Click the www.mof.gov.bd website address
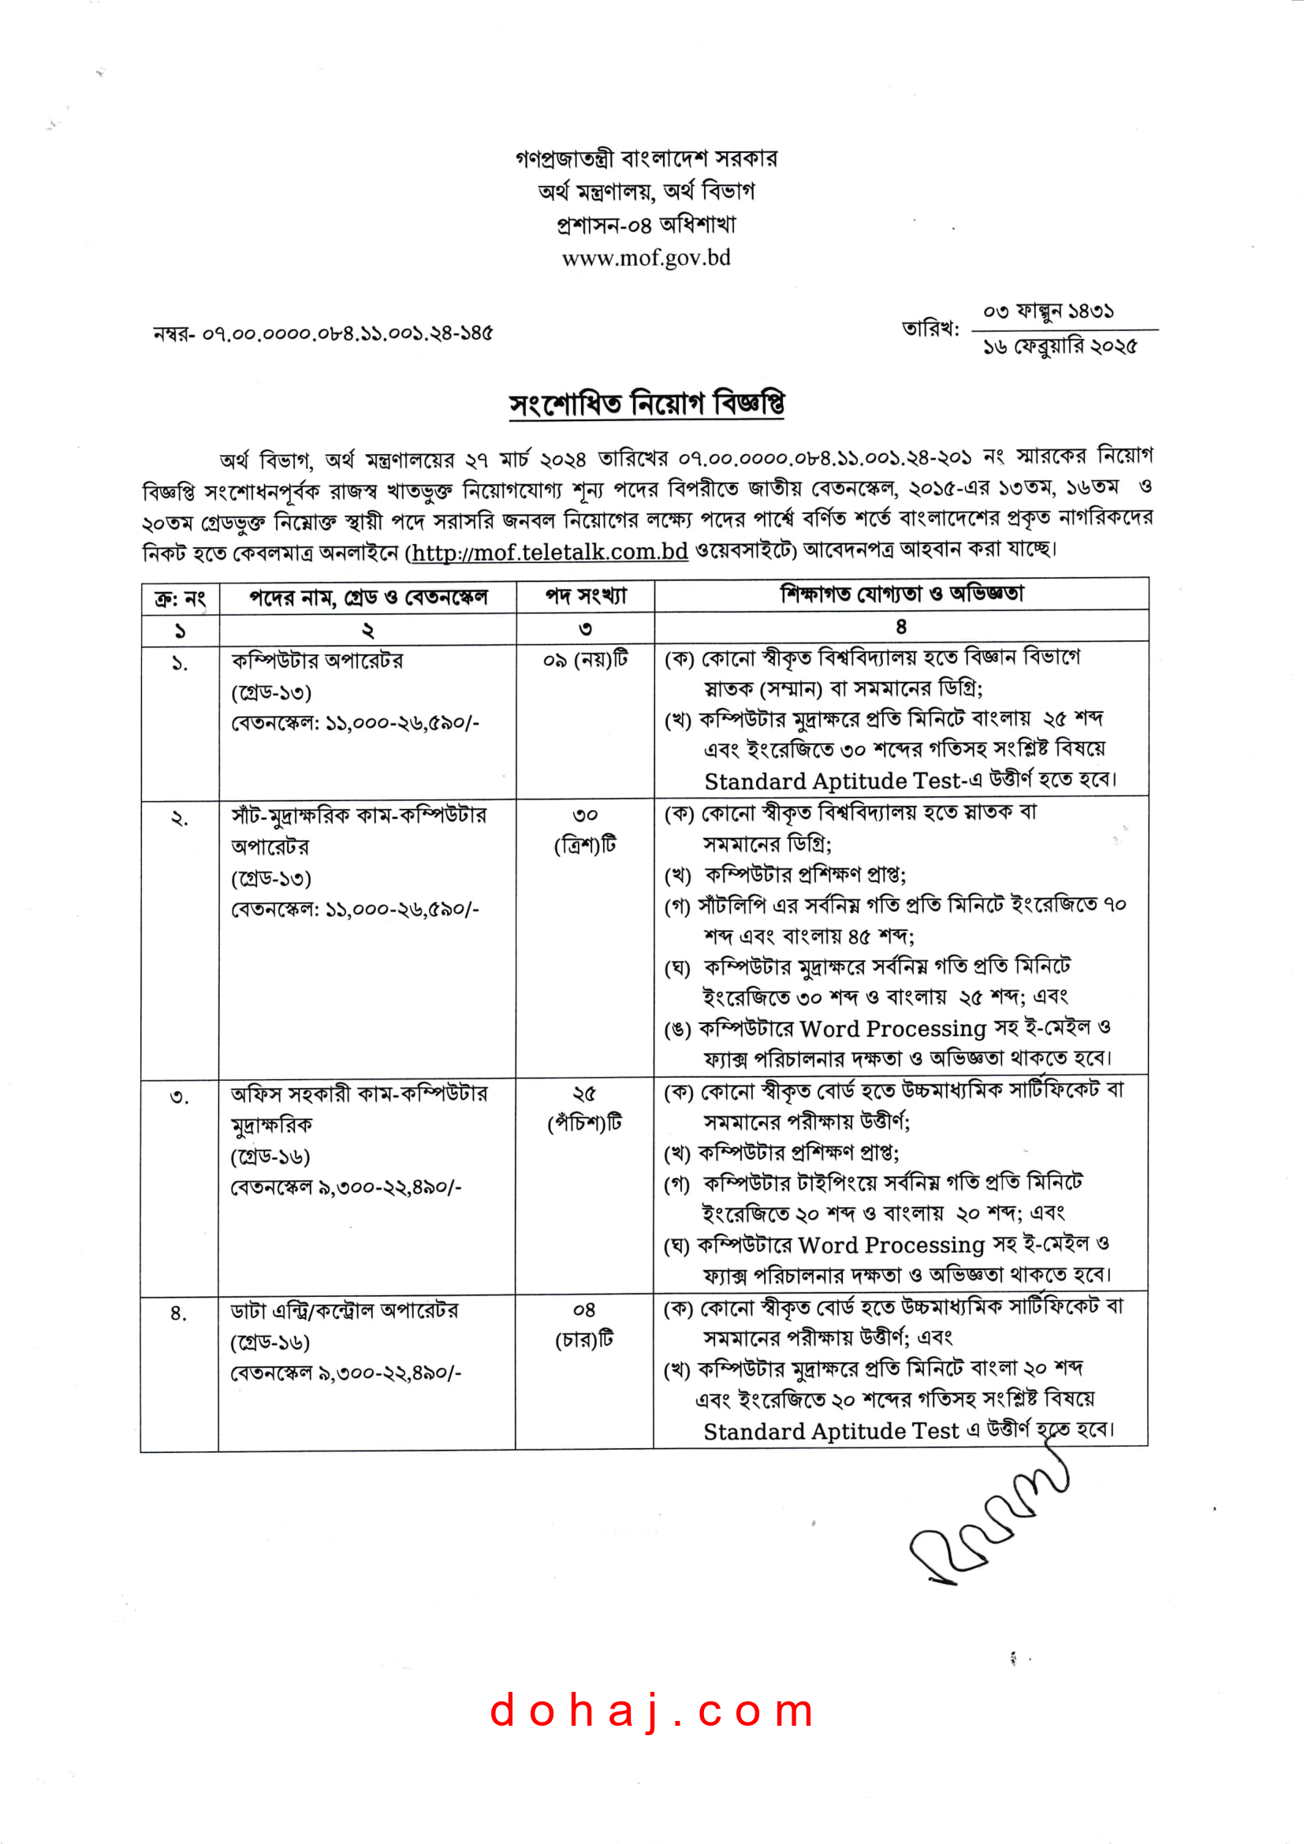tap(646, 258)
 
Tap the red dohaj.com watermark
tap(652, 1711)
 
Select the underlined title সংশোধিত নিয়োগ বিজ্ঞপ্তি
tap(646, 403)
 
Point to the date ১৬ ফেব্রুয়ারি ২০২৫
tap(1060, 347)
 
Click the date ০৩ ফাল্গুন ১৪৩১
tap(1048, 311)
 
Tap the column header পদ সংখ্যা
tap(585, 596)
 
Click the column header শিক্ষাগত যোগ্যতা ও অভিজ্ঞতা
tap(902, 594)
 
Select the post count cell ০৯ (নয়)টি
tap(585, 660)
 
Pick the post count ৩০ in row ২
tap(584, 815)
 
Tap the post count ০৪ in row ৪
tap(583, 1311)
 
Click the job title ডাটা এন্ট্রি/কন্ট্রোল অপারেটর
tap(345, 1311)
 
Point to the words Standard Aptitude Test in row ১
tap(832, 781)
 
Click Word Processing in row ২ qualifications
tap(893, 1029)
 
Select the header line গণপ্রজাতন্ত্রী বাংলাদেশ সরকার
tap(646, 158)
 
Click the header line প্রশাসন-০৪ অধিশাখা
tap(646, 225)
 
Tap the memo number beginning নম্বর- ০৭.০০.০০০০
tap(322, 333)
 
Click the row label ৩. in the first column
tap(179, 1097)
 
